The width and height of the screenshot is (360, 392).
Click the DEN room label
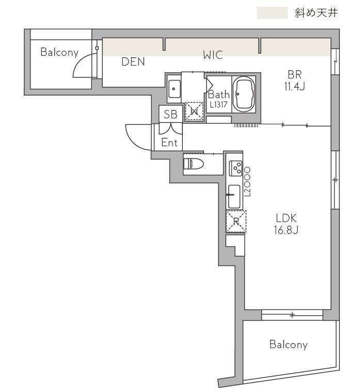click(133, 62)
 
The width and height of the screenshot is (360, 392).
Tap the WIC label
click(213, 55)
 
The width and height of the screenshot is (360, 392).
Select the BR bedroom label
click(294, 74)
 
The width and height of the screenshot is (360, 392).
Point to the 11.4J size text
click(294, 86)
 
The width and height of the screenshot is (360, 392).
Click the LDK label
click(286, 218)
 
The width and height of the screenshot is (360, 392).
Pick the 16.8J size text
click(286, 230)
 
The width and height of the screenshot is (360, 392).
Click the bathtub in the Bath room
click(244, 94)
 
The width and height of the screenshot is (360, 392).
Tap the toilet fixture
click(194, 164)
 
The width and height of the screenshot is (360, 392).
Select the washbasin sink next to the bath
click(174, 89)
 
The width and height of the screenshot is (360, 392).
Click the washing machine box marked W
click(194, 111)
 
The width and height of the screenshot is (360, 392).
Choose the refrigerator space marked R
click(236, 222)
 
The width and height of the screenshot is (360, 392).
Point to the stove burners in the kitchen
click(236, 168)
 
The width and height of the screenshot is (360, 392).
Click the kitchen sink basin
click(234, 196)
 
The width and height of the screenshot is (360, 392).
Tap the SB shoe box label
click(171, 114)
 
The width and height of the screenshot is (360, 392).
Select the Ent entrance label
click(169, 143)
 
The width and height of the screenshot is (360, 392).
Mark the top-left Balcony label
click(59, 52)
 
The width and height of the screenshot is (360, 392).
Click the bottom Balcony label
click(289, 344)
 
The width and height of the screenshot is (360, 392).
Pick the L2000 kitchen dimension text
click(247, 182)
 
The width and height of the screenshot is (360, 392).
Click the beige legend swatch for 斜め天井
click(272, 13)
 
